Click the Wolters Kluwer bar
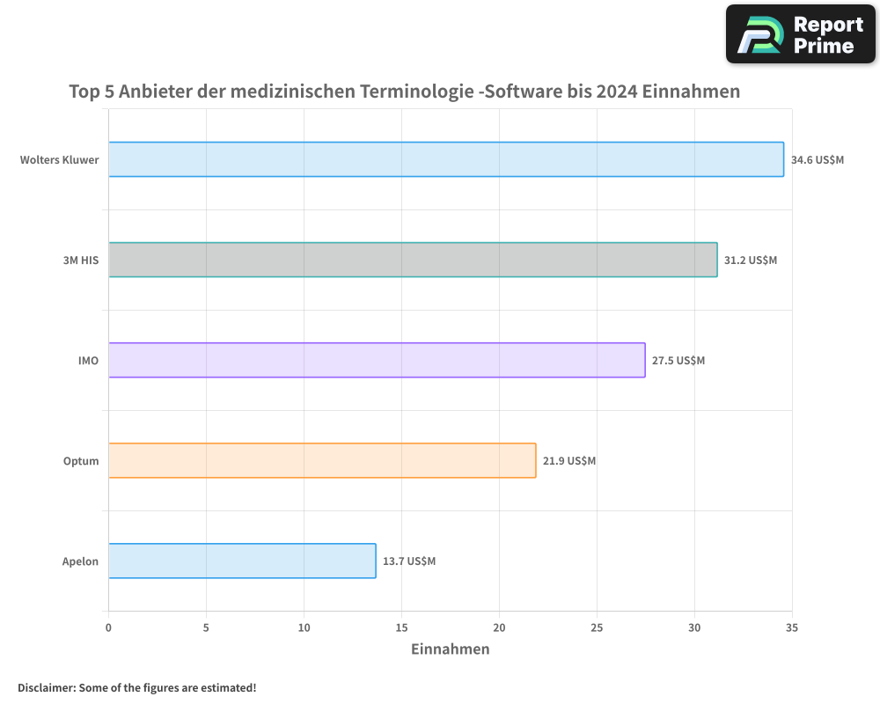(x=446, y=159)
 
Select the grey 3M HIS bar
(x=413, y=260)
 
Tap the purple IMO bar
(x=377, y=360)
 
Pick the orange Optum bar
(x=322, y=460)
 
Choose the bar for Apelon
(x=242, y=561)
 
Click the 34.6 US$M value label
(x=818, y=160)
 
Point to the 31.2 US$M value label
(x=751, y=260)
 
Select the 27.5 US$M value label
(x=678, y=361)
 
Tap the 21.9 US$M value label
(x=569, y=461)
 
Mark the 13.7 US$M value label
(x=409, y=561)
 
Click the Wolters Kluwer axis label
(x=60, y=160)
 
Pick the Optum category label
(x=81, y=461)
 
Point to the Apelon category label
(x=80, y=561)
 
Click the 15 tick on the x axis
(x=401, y=627)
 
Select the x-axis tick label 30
(x=694, y=627)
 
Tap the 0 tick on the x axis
(x=108, y=627)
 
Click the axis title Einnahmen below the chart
(x=451, y=649)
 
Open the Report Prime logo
(x=800, y=34)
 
